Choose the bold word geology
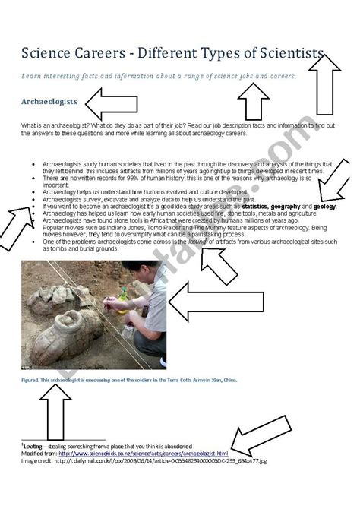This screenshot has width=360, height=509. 324,206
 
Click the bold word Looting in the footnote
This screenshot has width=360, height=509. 33,445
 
